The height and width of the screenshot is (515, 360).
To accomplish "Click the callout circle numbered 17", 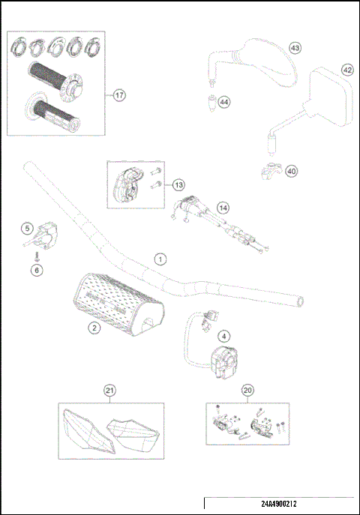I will click(x=118, y=95).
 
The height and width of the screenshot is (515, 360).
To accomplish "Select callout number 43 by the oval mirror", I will click(x=295, y=47).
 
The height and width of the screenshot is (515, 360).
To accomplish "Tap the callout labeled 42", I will click(x=347, y=69).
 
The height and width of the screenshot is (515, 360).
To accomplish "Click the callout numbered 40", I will click(x=292, y=171).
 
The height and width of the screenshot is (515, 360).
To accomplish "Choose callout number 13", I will click(x=178, y=184).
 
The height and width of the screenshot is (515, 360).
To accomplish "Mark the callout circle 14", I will click(x=222, y=207).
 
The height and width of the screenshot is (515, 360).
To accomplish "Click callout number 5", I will click(x=27, y=227).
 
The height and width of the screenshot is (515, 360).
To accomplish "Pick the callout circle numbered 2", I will click(x=94, y=328).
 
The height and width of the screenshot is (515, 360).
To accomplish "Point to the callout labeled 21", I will click(x=110, y=390).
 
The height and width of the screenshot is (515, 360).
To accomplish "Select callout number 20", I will click(x=248, y=390).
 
